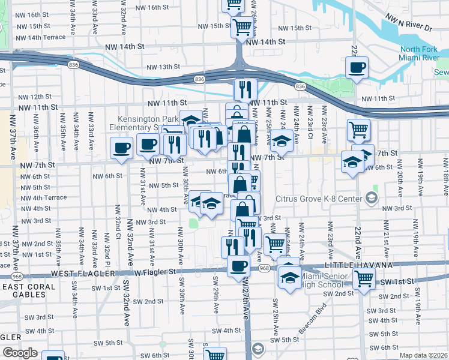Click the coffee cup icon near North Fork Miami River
tap(357, 67)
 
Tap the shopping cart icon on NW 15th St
tap(241, 26)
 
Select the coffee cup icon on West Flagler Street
tap(238, 266)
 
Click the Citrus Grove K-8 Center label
tap(319, 199)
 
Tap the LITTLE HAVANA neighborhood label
tap(358, 265)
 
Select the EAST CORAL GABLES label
tap(29, 287)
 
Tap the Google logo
tap(19, 353)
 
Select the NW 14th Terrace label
tap(37, 37)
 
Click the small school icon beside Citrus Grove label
tap(372, 198)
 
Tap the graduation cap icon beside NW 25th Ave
tap(281, 142)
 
